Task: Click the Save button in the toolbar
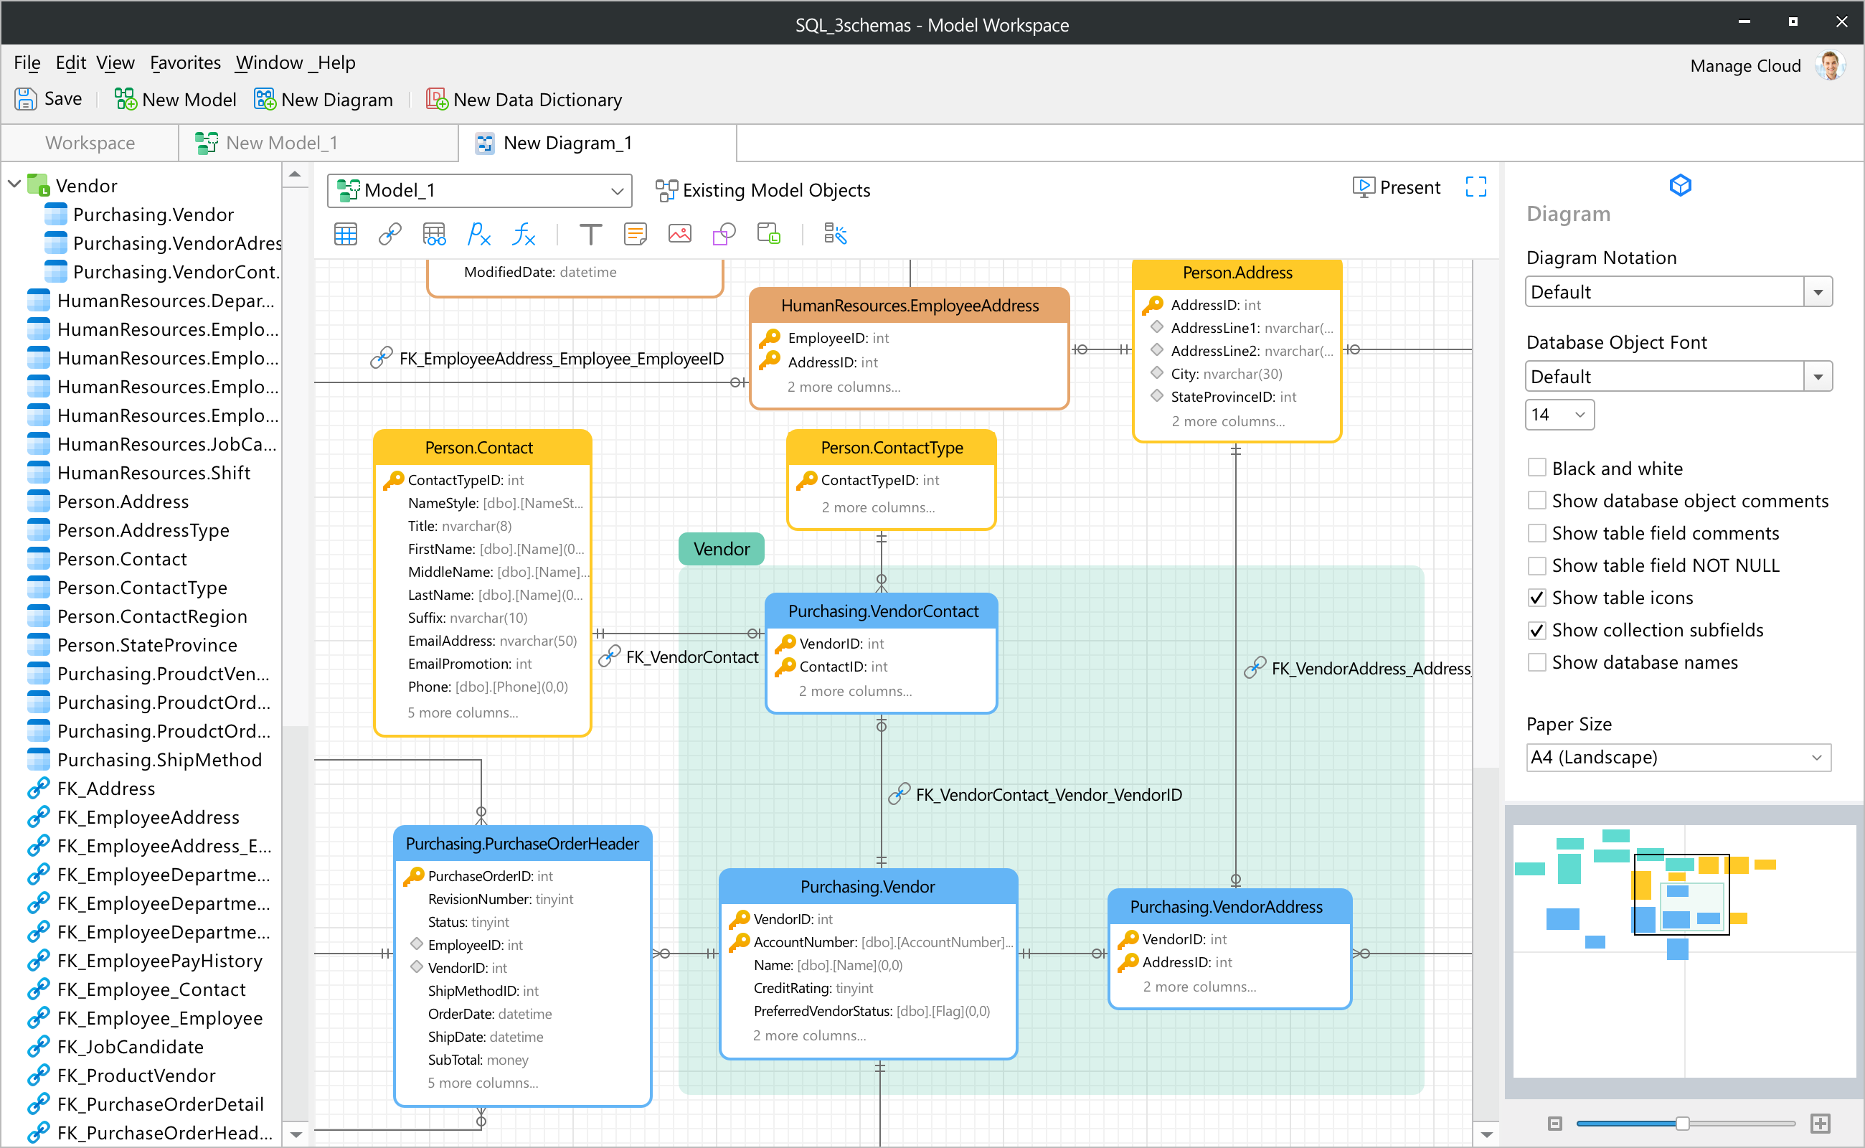[49, 100]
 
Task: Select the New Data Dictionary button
[524, 100]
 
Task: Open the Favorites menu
[185, 62]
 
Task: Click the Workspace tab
[90, 143]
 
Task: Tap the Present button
[1396, 187]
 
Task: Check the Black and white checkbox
[1537, 468]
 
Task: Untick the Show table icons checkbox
[1537, 598]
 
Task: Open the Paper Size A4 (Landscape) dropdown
[1678, 757]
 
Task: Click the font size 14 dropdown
[1559, 415]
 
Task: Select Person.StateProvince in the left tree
[147, 644]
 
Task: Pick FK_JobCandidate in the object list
[131, 1046]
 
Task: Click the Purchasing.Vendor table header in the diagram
[868, 886]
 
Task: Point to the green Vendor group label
[721, 549]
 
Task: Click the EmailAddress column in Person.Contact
[492, 641]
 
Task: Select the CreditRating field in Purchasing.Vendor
[813, 988]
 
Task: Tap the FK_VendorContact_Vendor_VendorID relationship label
[1048, 795]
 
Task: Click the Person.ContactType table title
[892, 448]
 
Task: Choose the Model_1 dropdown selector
[480, 190]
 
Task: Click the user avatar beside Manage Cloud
[1831, 66]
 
